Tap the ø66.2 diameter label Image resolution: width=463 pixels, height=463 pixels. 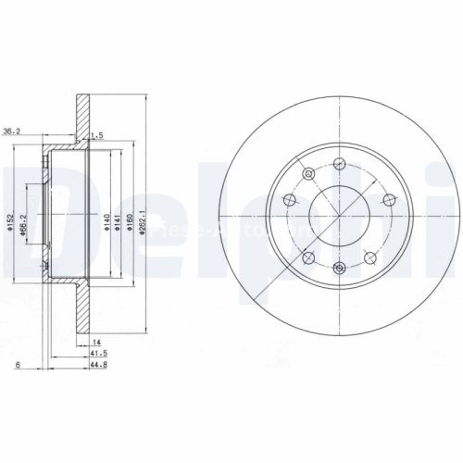click(33, 223)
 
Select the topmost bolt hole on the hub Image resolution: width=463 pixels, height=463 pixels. click(339, 163)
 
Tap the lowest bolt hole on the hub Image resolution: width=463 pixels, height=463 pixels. click(339, 268)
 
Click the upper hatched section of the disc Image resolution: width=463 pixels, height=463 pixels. click(83, 116)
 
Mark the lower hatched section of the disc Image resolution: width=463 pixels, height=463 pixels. click(83, 315)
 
